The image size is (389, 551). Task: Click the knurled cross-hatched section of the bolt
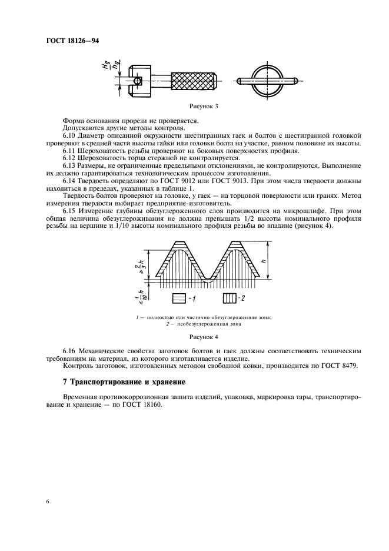194,79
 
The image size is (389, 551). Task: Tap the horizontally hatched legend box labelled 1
179,300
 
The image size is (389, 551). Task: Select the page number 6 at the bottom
46,502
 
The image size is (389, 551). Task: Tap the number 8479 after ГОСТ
349,367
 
